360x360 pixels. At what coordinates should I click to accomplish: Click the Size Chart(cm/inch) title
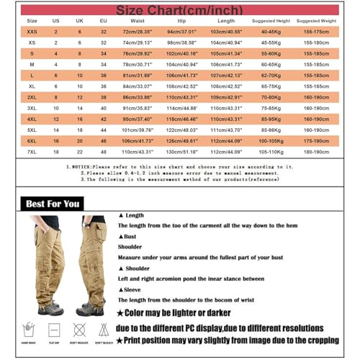click(179, 11)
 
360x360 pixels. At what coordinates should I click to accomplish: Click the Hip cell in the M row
click(176, 64)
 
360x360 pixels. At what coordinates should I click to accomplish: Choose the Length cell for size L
click(225, 75)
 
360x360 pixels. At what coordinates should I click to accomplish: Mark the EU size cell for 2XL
click(103, 96)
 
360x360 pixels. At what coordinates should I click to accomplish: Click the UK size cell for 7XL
click(80, 152)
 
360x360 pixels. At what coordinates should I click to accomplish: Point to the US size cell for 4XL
click(56, 119)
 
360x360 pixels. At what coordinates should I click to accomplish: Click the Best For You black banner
click(53, 204)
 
